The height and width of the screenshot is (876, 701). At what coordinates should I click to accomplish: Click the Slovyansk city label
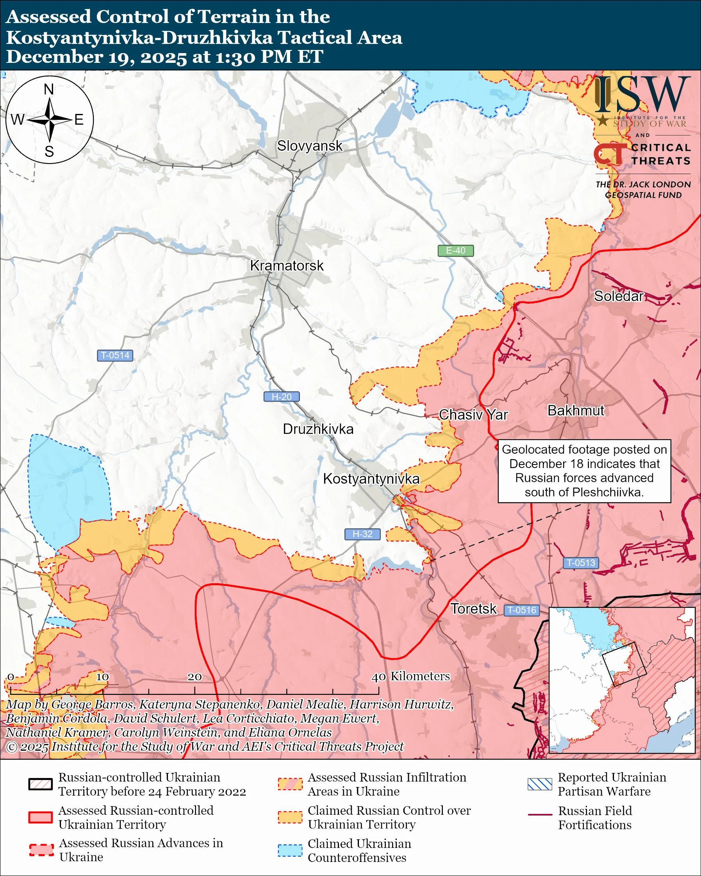[x=310, y=146]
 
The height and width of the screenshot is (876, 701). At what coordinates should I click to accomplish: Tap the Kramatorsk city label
[x=287, y=265]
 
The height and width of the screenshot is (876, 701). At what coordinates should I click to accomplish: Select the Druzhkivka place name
[x=318, y=429]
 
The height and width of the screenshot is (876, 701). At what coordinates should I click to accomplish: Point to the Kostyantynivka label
[x=371, y=479]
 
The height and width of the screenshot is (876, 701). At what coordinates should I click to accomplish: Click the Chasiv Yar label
[x=473, y=415]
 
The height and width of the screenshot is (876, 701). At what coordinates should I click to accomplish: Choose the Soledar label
[x=618, y=296]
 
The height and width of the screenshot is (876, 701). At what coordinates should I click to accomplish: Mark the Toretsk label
[x=473, y=609]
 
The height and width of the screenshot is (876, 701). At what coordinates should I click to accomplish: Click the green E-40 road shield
[x=455, y=251]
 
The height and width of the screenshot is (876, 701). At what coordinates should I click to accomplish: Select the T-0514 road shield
[x=115, y=356]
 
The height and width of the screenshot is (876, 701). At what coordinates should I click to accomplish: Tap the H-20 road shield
[x=282, y=397]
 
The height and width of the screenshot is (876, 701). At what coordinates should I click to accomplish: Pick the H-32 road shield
[x=362, y=534]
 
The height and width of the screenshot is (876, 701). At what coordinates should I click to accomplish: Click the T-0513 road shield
[x=580, y=563]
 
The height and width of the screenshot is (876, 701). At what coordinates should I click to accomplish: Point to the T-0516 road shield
[x=522, y=610]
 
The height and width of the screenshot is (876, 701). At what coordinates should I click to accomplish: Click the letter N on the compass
[x=49, y=89]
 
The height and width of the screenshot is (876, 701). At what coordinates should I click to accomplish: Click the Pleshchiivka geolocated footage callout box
[x=584, y=471]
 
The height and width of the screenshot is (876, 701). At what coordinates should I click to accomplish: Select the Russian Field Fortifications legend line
[x=540, y=815]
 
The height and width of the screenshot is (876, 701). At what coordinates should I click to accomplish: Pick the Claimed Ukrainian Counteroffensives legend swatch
[x=290, y=850]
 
